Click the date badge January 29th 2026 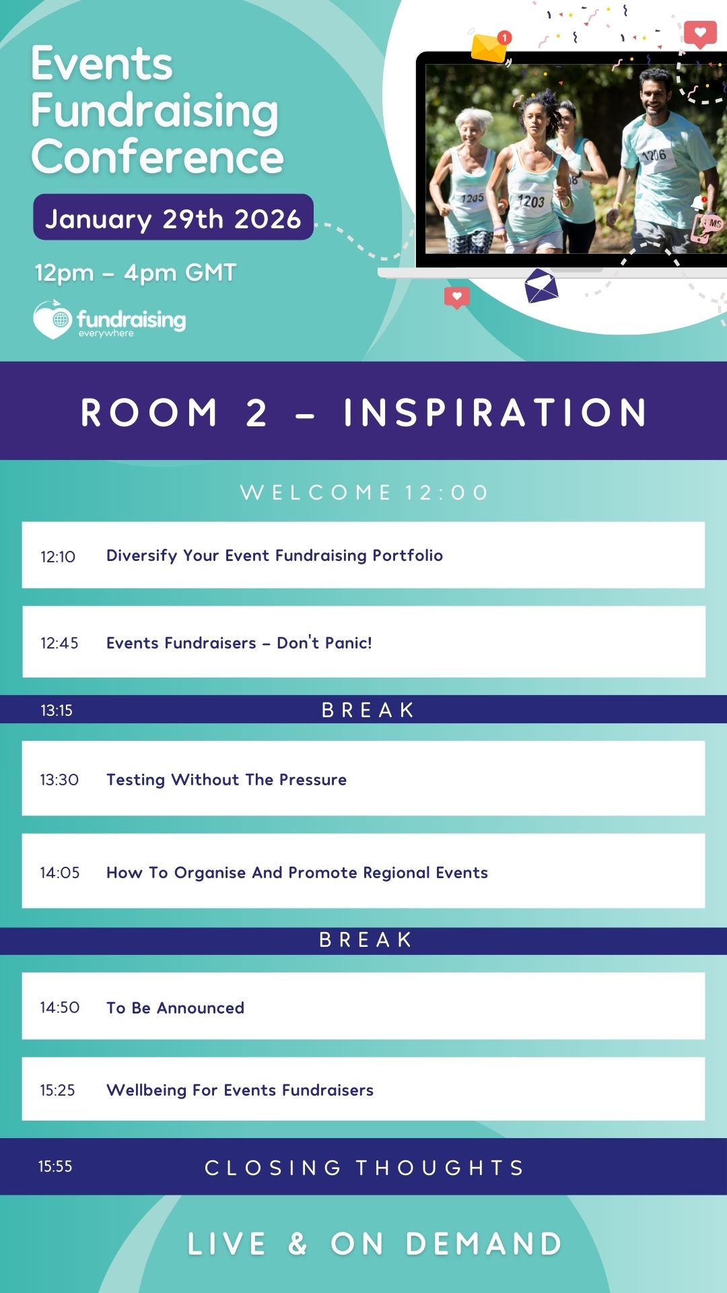173,217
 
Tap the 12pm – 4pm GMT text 135,273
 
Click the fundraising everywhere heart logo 53,319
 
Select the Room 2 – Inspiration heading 363,412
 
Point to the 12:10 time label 58,557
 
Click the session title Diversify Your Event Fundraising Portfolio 275,556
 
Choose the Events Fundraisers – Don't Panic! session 239,642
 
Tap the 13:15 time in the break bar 57,710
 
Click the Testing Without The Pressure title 226,779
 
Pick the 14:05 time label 60,873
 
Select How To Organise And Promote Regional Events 297,873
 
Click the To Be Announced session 175,1007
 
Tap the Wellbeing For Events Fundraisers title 240,1090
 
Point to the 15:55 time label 55,1166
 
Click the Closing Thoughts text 364,1168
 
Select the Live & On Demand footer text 375,1244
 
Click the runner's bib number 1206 654,156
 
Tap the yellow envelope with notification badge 491,46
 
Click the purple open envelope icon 541,286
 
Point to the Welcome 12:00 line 364,492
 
